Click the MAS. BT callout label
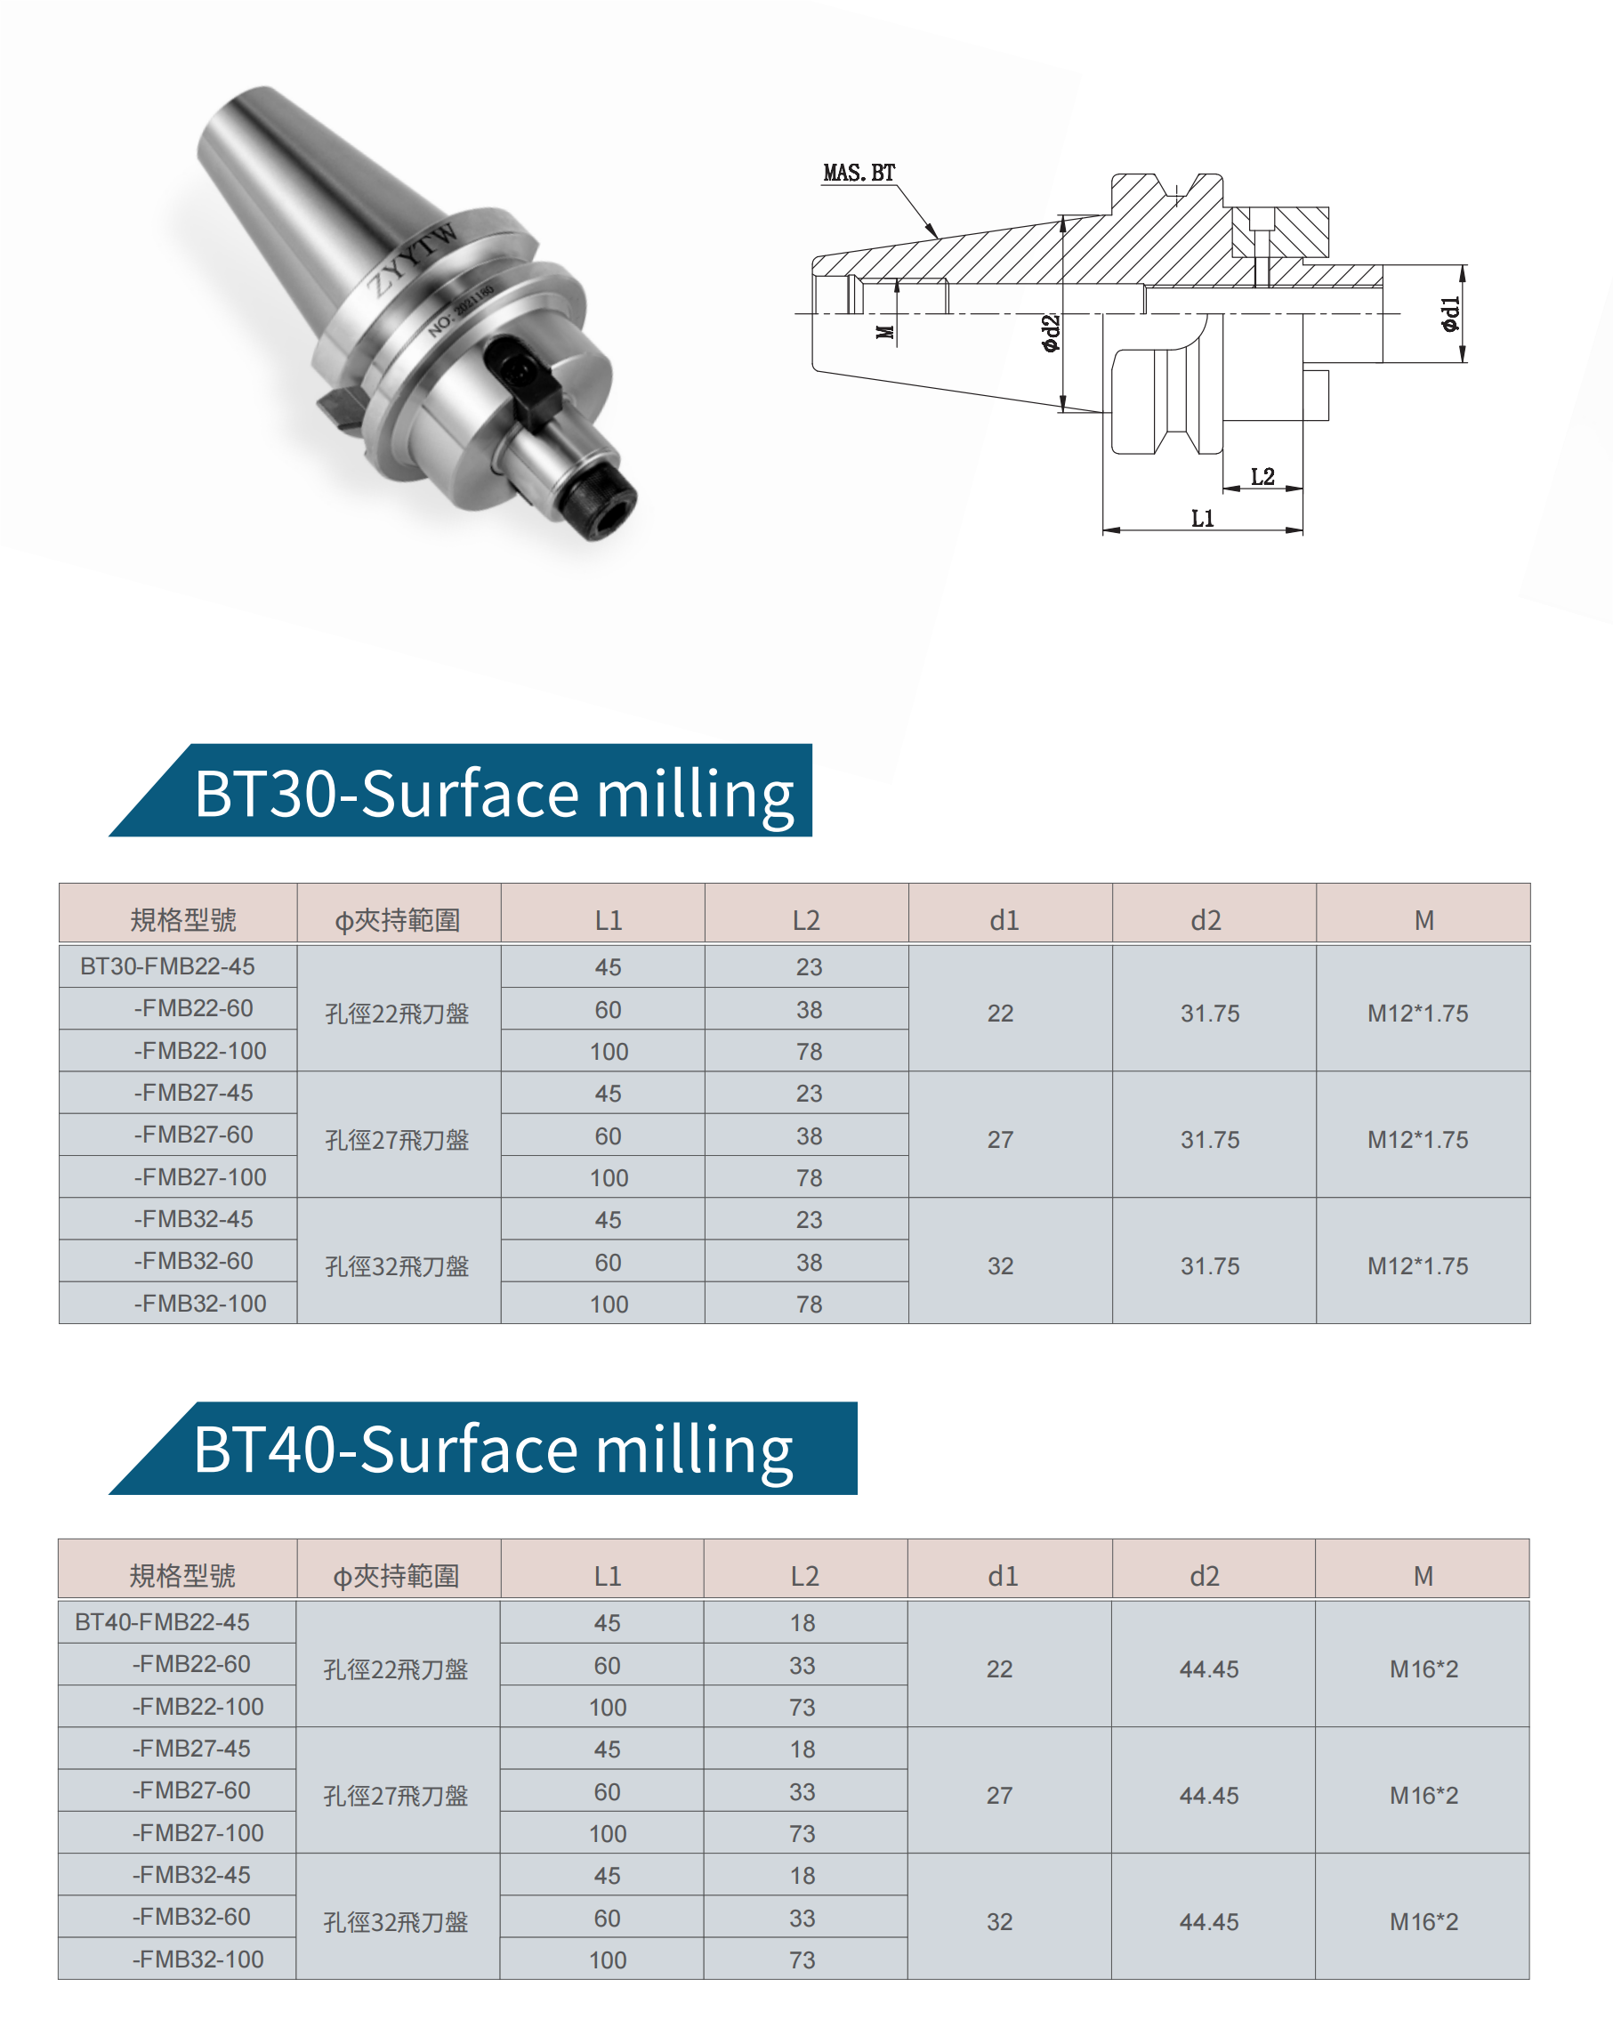click(x=859, y=173)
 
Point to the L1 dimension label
click(x=1202, y=518)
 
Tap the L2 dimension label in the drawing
click(x=1262, y=477)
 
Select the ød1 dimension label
click(x=1450, y=314)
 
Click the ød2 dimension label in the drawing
click(x=1051, y=333)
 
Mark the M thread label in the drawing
click(x=884, y=332)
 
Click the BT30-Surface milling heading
click(x=494, y=794)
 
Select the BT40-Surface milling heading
click(x=493, y=1450)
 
